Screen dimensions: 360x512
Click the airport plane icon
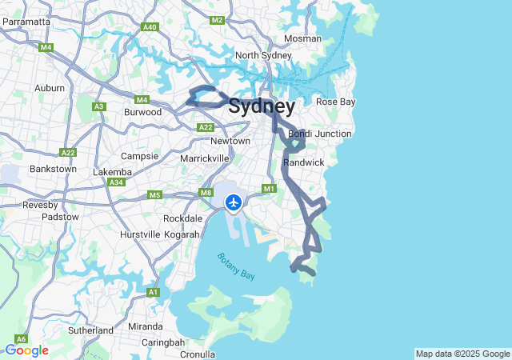(234, 202)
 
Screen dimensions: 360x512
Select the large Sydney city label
(262, 106)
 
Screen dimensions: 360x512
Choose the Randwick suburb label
(303, 162)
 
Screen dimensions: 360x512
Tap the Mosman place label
(302, 38)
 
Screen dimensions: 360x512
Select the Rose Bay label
(336, 102)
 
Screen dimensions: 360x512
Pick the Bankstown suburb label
(53, 169)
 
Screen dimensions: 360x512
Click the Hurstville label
(140, 234)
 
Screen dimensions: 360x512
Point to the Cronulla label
(198, 354)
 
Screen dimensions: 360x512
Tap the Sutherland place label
(90, 330)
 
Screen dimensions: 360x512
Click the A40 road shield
(150, 27)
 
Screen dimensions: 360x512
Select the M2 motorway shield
(217, 19)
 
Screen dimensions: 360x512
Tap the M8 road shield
(206, 193)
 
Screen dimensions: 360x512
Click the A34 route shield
(117, 182)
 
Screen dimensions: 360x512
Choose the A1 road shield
(153, 293)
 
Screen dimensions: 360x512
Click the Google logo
(26, 350)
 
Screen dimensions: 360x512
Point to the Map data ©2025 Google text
(462, 354)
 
